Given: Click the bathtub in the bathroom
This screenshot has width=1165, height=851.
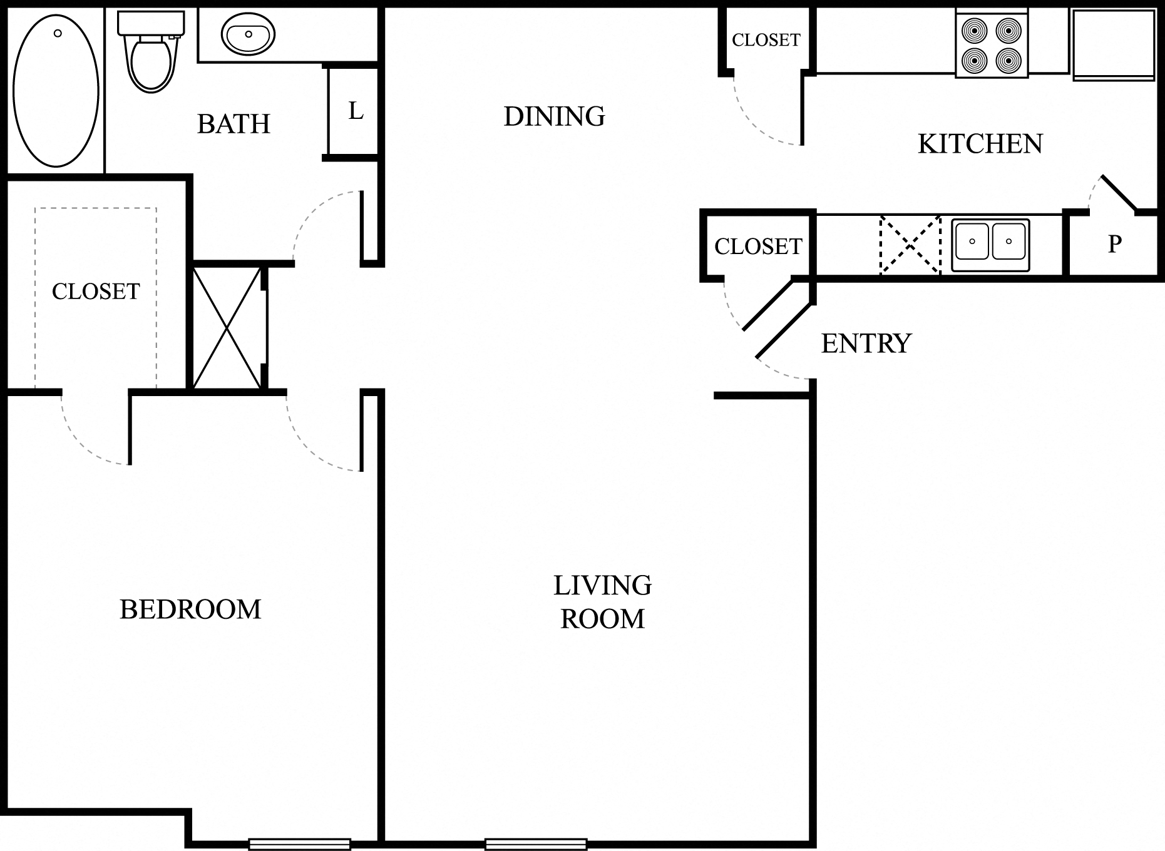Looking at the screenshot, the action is [56, 91].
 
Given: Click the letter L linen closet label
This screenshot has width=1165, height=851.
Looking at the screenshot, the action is [356, 111].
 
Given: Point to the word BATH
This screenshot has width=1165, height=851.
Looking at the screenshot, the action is [234, 124].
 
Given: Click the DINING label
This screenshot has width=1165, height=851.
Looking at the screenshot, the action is [555, 116].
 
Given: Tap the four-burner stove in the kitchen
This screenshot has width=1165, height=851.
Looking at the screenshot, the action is [992, 44].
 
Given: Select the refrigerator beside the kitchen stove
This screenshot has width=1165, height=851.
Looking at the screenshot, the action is [1114, 44].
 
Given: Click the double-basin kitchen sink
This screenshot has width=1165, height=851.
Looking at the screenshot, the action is [990, 245].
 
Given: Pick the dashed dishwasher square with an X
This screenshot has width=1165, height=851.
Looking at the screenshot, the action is [910, 245].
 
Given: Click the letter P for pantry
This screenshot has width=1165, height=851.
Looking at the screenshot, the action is [1114, 243].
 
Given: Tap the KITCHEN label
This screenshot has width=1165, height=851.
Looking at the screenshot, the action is [980, 144].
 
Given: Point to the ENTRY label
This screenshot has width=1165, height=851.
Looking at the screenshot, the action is [866, 344].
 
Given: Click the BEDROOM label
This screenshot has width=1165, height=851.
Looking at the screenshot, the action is [190, 609].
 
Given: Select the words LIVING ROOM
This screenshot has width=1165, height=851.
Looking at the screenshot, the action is [603, 602].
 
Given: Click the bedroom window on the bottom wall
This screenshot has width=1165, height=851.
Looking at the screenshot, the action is [299, 844].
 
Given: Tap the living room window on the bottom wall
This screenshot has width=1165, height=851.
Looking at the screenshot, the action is [536, 844].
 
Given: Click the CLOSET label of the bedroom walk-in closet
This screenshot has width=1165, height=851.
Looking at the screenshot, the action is [96, 292].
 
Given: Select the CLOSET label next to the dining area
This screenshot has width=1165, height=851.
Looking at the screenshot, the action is [766, 40].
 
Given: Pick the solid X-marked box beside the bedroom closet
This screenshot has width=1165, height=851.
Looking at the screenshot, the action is [227, 327].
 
